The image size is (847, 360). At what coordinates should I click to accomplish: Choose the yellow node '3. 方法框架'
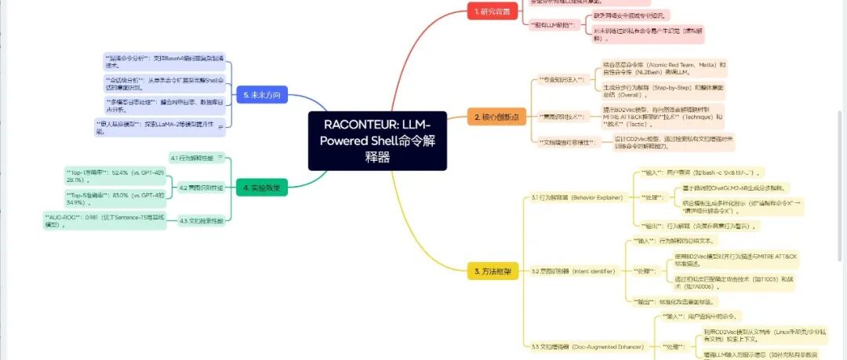pos(493,271)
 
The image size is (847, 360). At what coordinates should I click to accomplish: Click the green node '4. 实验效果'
pos(262,188)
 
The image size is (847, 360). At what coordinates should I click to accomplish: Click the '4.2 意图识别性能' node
pos(201,188)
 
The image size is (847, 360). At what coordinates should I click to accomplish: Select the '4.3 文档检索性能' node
pos(201,220)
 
